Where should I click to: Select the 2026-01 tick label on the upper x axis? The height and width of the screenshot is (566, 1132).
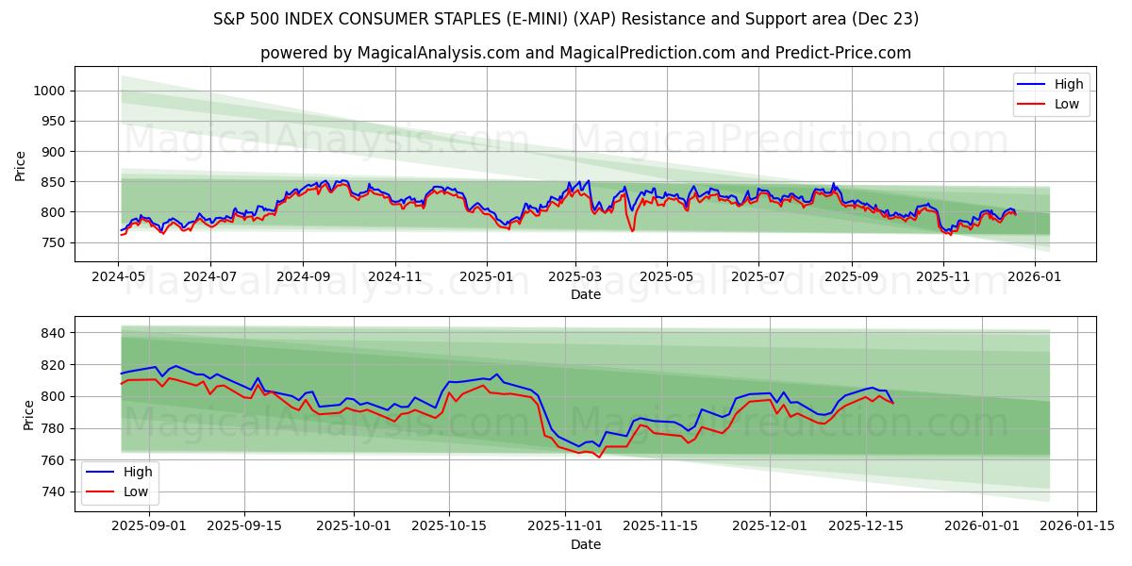point(1034,278)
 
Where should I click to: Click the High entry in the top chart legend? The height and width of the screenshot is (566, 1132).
point(1069,84)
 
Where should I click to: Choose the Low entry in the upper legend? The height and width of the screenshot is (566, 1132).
point(1067,105)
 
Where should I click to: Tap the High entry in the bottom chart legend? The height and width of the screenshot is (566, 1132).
point(137,472)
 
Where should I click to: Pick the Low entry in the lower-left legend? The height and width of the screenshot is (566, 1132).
point(135,491)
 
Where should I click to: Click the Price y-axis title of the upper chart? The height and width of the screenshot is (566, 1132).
point(21,166)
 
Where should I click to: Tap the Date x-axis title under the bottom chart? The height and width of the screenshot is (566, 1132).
point(585,544)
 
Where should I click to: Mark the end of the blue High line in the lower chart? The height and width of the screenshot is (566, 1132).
point(893,403)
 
